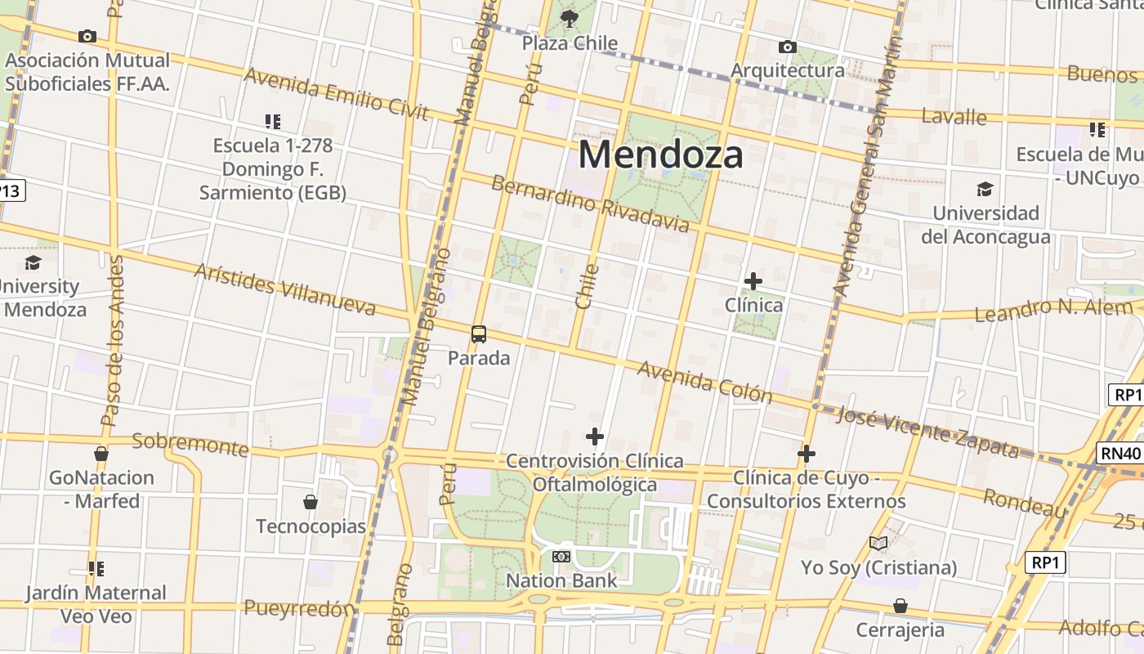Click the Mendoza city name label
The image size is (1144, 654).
[660, 154]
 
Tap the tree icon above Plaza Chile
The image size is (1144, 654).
[570, 18]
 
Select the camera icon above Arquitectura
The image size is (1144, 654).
[788, 47]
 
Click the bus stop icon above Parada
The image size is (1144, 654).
[479, 334]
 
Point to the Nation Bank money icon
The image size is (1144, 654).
[561, 557]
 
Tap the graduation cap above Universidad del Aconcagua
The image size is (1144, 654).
[985, 190]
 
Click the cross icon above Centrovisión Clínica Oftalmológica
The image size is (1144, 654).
[595, 437]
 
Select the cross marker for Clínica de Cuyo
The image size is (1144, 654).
[807, 454]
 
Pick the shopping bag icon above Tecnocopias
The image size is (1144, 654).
[311, 502]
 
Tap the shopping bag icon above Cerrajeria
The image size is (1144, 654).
[900, 606]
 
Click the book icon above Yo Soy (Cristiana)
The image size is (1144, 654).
[878, 544]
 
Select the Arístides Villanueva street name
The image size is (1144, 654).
[284, 289]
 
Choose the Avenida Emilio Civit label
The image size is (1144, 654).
[336, 93]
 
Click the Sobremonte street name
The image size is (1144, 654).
[190, 445]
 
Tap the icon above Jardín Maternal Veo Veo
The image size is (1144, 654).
[96, 568]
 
